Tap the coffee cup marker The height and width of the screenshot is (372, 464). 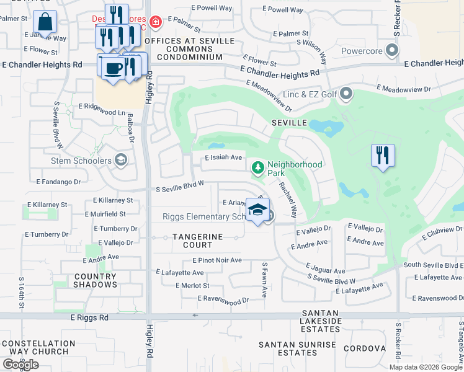112,68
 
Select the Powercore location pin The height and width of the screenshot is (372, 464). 391,50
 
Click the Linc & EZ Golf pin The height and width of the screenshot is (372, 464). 346,94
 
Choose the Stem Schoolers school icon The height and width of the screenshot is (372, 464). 121,161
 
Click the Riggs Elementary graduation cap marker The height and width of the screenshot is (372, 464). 257,211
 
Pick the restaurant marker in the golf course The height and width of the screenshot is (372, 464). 383,155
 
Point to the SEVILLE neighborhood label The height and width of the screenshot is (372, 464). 289,123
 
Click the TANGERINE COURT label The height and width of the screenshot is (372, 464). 198,241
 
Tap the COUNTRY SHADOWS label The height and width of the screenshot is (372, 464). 95,280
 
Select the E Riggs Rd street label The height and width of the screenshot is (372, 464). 89,317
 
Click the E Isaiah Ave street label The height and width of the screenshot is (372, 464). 224,157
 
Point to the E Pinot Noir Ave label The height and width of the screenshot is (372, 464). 217,260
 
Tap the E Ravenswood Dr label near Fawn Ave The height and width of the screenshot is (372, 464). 223,299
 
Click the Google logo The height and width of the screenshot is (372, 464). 21,364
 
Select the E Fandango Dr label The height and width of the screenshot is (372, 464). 58,182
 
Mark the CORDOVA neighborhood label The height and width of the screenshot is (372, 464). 368,348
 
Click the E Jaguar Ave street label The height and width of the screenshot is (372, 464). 325,271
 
